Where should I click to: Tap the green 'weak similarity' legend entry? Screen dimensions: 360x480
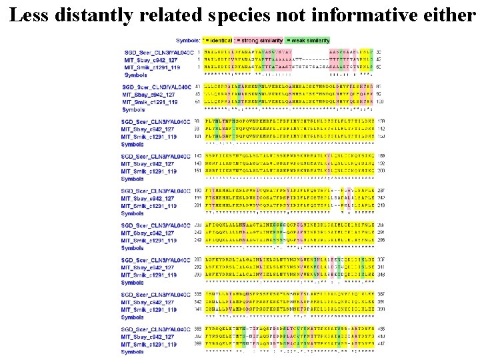pos(308,41)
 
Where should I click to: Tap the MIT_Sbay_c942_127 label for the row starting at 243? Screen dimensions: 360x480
pos(150,233)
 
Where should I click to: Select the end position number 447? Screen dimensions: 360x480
pos(380,337)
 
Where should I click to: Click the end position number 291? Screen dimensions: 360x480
pos(380,233)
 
